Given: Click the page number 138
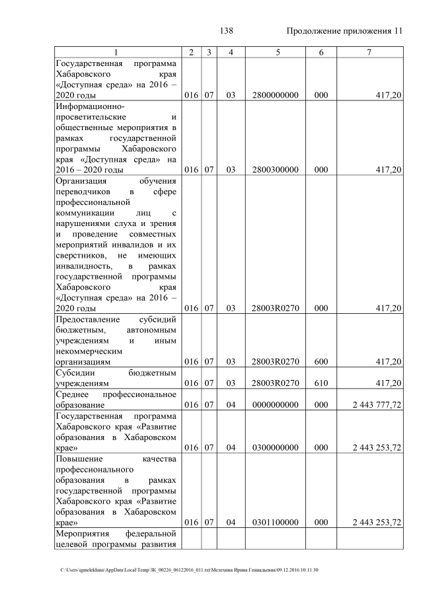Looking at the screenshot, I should point(227,31).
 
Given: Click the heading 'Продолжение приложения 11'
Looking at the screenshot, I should point(344,31).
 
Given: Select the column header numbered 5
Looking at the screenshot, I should point(275,52).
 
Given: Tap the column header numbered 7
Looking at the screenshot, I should point(370,52).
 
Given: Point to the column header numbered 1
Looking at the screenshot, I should point(116,52).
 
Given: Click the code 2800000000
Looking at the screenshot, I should point(275,96).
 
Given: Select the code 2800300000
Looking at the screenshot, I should point(275,170).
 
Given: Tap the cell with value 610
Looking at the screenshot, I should point(321,383).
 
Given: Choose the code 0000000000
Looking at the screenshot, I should point(275,403).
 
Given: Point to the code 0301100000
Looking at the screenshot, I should point(275,522).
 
